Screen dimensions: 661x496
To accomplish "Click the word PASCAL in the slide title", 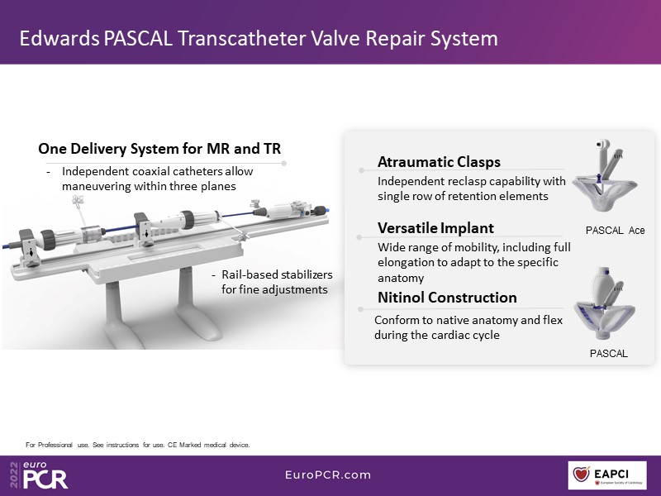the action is point(137,38).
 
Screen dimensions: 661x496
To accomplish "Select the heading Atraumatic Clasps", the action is point(439,162).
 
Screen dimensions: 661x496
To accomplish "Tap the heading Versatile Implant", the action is point(435,228).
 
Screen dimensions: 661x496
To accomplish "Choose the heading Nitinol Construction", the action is point(447,298).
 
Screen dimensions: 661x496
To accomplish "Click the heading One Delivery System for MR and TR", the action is point(159,149).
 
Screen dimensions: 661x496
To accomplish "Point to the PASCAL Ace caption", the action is point(615,231).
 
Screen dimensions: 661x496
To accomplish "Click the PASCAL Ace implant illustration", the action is point(605,176).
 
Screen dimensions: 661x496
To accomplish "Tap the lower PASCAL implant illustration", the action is point(605,303).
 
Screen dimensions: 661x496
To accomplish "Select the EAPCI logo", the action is point(607,475).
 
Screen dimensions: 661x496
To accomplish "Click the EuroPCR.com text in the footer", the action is point(328,475).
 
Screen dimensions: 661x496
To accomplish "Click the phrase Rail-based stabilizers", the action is point(277,274).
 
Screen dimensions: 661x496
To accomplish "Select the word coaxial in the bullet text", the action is point(155,171).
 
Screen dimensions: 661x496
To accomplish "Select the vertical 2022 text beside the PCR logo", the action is point(15,475).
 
